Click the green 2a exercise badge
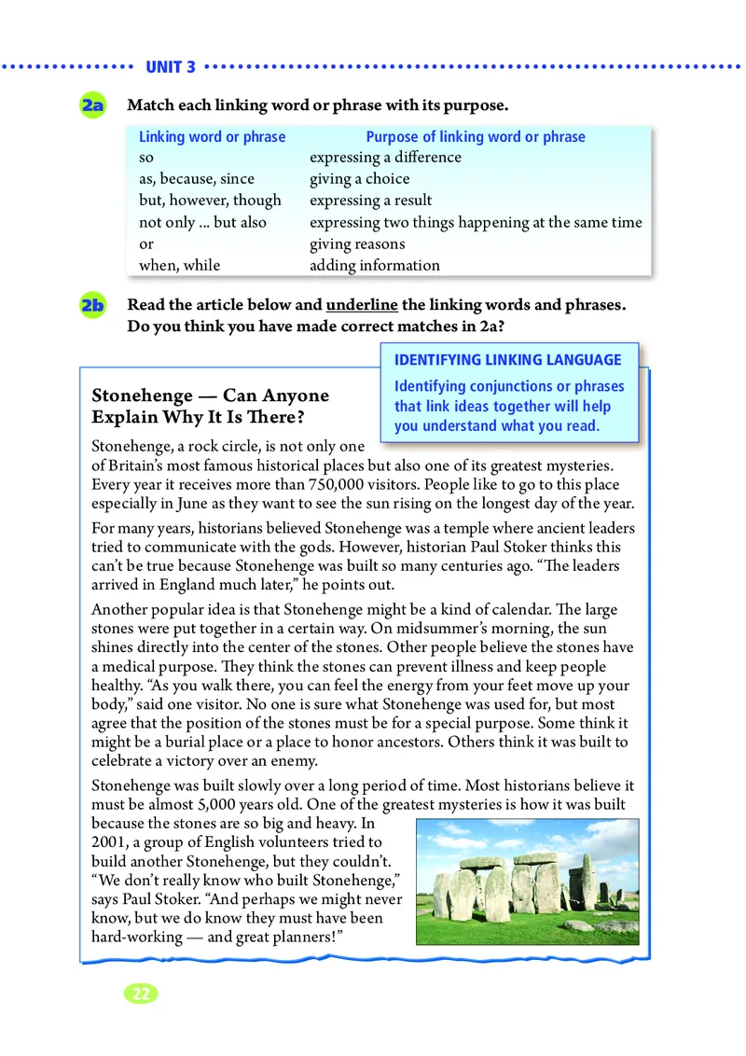click(93, 105)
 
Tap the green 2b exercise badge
click(93, 305)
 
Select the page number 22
click(141, 993)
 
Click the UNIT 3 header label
click(171, 67)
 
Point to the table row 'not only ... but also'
click(202, 222)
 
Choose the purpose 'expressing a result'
click(370, 201)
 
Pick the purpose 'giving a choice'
click(359, 179)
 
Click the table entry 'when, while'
click(180, 265)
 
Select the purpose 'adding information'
click(374, 265)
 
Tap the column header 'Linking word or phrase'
click(212, 137)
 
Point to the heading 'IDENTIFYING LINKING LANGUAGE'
click(508, 360)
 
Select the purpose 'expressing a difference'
click(385, 158)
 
